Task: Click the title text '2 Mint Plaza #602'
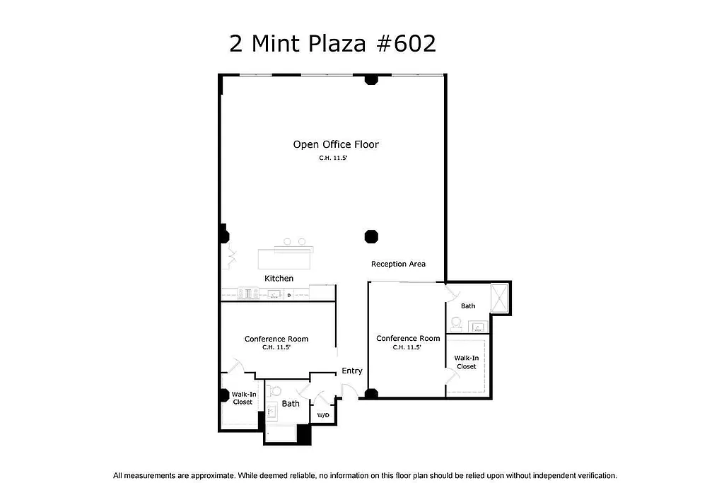coord(332,44)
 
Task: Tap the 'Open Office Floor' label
coord(336,144)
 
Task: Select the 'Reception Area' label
coord(398,264)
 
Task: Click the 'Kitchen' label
coord(279,279)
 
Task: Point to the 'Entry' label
coord(351,371)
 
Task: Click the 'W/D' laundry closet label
coord(322,415)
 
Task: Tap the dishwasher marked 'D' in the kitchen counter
coord(288,294)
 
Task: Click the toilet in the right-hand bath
coord(457,324)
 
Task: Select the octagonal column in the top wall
coord(370,78)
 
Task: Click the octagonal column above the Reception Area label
coord(370,236)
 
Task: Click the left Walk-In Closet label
coord(243,397)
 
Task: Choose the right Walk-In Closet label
coord(466,362)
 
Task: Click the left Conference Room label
coord(276,339)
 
